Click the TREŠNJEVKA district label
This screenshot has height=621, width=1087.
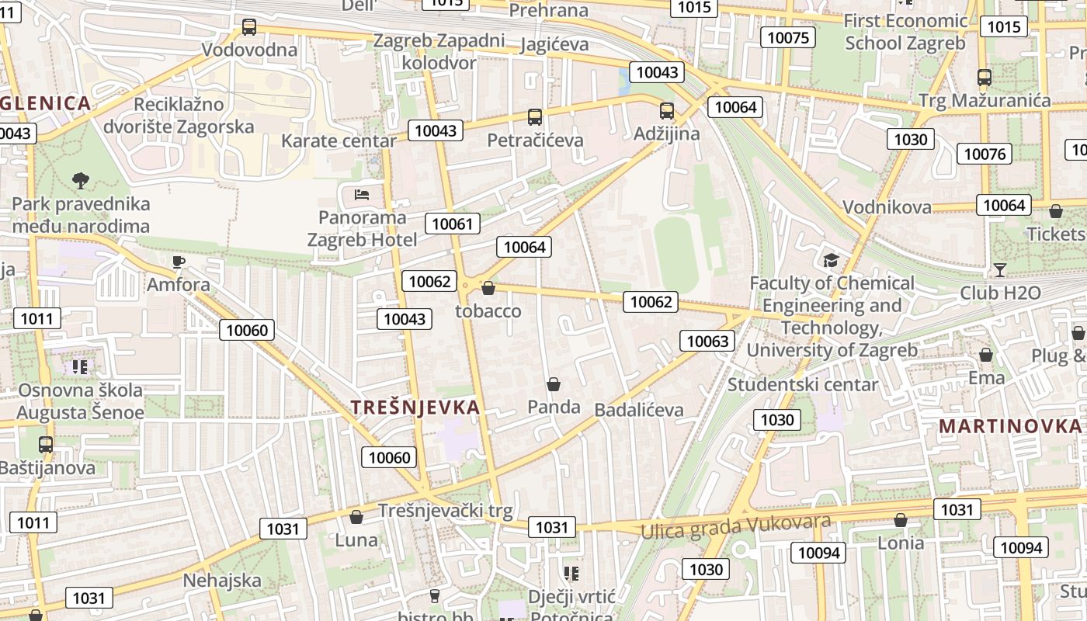[415, 408]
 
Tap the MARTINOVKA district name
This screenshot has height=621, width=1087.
[1009, 426]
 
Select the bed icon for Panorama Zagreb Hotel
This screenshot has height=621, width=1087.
[362, 194]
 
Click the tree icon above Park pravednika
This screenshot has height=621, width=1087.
[80, 182]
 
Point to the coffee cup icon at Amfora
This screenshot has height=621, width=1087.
[179, 262]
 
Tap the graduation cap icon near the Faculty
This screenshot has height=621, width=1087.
[831, 260]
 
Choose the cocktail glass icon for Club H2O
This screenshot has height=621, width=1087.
[999, 270]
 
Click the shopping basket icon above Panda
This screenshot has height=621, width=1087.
[554, 384]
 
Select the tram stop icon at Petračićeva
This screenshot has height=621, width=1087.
[534, 117]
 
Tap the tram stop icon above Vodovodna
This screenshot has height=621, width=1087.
[248, 27]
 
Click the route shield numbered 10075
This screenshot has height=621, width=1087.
[787, 37]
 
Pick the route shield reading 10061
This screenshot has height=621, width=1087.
[452, 224]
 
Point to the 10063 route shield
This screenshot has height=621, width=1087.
[707, 341]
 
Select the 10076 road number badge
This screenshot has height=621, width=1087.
[985, 154]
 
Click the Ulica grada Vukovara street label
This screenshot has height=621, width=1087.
[735, 526]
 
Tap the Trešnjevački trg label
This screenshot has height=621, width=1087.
[445, 511]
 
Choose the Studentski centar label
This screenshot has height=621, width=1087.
[802, 384]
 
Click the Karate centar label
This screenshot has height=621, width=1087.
[339, 141]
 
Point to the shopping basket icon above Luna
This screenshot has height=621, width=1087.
[356, 517]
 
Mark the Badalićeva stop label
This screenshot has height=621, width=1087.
[638, 410]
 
